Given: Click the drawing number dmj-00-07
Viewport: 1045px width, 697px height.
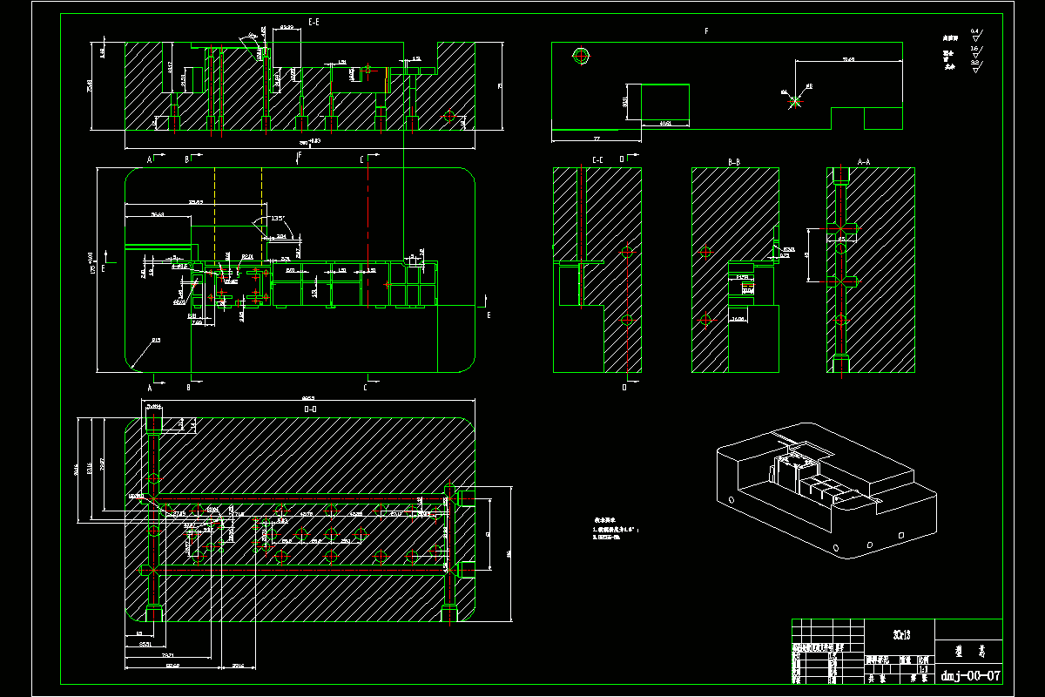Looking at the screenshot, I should pos(970,675).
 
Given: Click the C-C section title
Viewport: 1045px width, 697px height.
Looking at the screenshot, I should pos(597,160).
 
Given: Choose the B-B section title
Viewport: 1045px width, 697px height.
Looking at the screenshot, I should pos(734,161).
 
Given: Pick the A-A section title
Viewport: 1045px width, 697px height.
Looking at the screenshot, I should pos(865,161).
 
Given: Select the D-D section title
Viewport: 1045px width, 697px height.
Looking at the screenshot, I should pos(310,408).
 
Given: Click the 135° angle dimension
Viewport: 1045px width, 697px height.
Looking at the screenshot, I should pos(278,218).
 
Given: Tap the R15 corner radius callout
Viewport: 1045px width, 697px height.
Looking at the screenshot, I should pos(156,341).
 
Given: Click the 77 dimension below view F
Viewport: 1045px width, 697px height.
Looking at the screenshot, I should pos(598,138).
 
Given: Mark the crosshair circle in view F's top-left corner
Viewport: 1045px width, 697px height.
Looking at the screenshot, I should pos(581,57).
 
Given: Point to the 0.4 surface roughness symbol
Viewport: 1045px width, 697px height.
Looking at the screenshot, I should pos(975,35).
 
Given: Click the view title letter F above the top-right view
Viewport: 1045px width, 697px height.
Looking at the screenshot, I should pos(706,30).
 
